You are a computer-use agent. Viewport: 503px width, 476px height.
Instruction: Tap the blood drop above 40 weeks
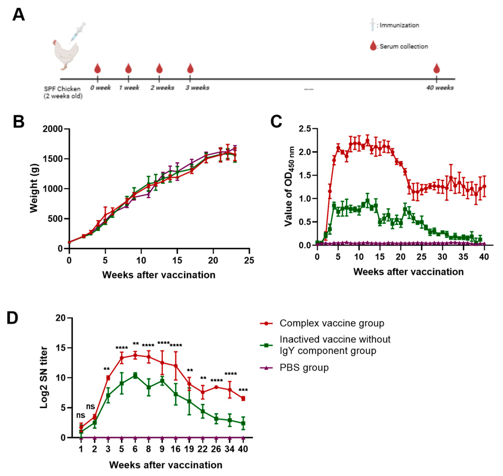[436, 68]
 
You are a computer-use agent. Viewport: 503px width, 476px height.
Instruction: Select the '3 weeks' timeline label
[197, 88]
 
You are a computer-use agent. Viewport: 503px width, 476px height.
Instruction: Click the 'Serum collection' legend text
[404, 47]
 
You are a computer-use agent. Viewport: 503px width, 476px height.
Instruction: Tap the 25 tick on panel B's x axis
[249, 260]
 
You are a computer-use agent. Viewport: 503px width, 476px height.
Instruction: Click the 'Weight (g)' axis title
[34, 189]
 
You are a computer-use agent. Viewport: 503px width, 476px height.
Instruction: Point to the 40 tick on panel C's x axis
[484, 257]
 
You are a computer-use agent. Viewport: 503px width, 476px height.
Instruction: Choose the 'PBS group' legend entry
[304, 368]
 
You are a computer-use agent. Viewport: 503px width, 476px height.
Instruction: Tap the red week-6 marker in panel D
[135, 356]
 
